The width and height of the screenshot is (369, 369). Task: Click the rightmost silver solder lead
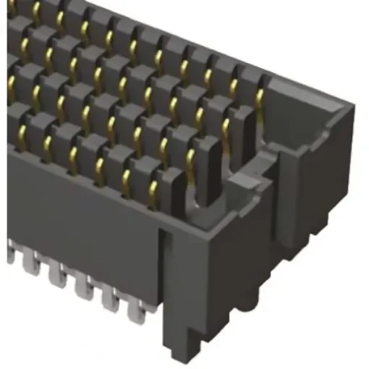pos(135,310)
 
